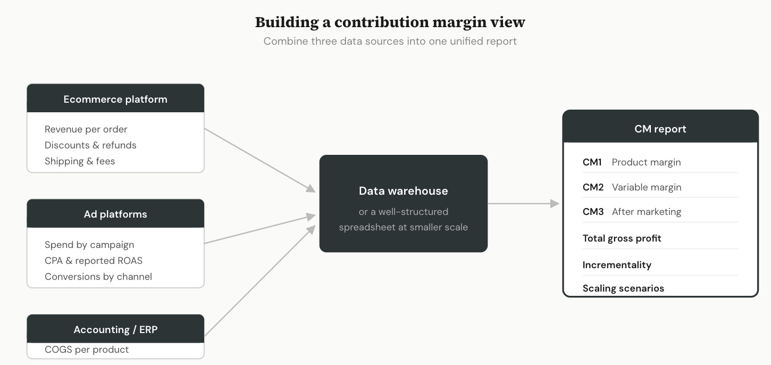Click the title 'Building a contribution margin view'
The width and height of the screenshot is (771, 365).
tap(390, 22)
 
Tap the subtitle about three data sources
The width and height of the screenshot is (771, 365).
tap(390, 41)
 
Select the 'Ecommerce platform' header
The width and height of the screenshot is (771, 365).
tap(115, 99)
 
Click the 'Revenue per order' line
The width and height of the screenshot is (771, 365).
tap(86, 129)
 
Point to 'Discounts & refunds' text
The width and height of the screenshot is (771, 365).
tap(90, 145)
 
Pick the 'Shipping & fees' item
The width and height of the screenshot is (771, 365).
tap(80, 161)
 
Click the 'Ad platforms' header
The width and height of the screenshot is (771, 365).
tap(115, 214)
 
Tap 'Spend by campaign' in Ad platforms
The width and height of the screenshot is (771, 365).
tap(89, 245)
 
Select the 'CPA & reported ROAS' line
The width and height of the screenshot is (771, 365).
tap(94, 261)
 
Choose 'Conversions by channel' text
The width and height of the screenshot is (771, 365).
tap(98, 277)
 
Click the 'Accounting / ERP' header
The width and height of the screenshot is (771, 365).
tap(115, 329)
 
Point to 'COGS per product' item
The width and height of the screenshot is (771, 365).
tap(87, 350)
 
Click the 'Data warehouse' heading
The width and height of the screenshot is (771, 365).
tap(403, 191)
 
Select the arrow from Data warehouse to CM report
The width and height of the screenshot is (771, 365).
tap(524, 203)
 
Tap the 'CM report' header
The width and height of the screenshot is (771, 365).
tap(660, 129)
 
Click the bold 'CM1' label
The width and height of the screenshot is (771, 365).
tap(592, 162)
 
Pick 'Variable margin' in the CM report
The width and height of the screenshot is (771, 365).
tap(646, 187)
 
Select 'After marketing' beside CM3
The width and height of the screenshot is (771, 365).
tap(646, 212)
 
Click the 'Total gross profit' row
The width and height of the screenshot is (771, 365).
tap(622, 238)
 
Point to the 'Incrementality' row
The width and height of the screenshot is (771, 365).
tap(617, 265)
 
